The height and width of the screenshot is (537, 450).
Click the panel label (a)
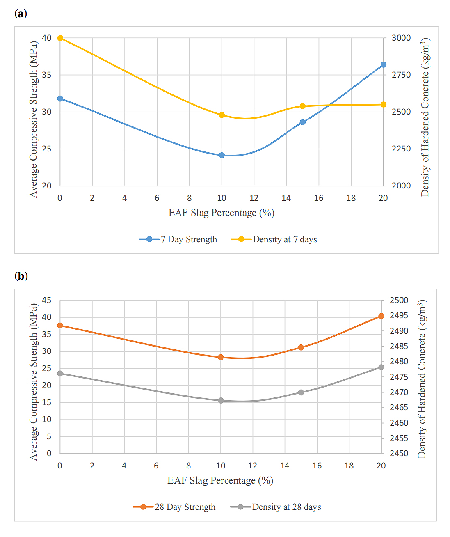(21, 14)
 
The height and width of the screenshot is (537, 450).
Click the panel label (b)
(21, 275)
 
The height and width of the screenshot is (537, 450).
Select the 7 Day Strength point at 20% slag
(384, 65)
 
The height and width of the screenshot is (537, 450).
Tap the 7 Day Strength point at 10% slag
(222, 155)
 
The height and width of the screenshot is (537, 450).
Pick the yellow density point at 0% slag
(60, 38)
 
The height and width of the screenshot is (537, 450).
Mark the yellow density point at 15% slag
(303, 106)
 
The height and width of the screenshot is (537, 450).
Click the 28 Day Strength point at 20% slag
(381, 316)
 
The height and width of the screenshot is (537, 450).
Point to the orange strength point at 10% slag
(221, 357)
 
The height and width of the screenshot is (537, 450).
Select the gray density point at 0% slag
(60, 374)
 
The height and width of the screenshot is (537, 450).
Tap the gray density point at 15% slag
(301, 392)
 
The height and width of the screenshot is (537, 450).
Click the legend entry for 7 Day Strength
(178, 239)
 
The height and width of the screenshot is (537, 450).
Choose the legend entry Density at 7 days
(274, 239)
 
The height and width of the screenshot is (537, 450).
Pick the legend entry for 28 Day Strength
(174, 507)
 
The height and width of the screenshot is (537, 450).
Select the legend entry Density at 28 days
(276, 507)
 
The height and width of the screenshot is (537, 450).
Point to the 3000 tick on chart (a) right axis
(401, 38)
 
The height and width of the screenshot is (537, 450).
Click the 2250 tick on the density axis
(401, 149)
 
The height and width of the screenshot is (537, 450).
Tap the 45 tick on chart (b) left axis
(47, 300)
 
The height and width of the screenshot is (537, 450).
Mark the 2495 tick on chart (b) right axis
(399, 315)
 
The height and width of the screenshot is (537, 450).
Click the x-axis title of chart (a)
(222, 213)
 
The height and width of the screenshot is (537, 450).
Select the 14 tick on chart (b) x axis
(285, 466)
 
